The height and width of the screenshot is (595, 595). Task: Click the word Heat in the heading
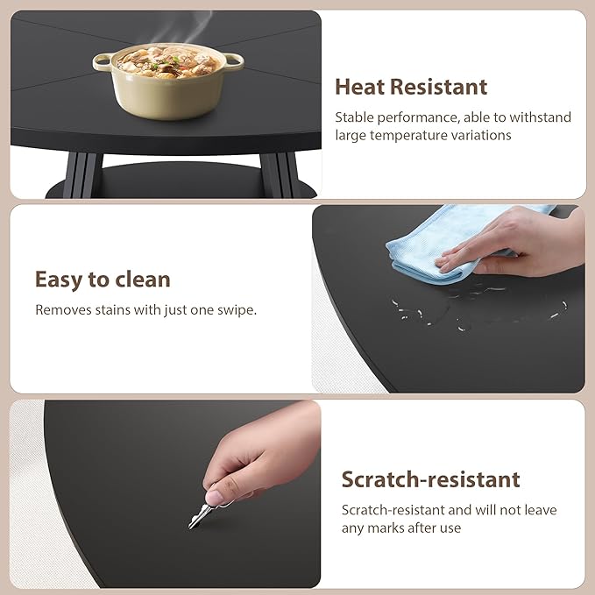click(360, 87)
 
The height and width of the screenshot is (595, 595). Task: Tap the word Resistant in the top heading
click(439, 87)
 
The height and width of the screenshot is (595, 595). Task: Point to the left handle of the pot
click(103, 60)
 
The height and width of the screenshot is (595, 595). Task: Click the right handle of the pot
click(234, 61)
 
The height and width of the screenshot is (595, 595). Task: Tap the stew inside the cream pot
click(167, 62)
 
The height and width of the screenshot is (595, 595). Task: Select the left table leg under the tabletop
click(82, 175)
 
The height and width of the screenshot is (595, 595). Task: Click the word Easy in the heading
click(59, 280)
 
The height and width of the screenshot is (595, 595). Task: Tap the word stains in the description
click(112, 310)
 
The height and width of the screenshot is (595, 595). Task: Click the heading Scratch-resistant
click(430, 479)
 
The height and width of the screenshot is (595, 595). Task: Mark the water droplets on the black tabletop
click(478, 308)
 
